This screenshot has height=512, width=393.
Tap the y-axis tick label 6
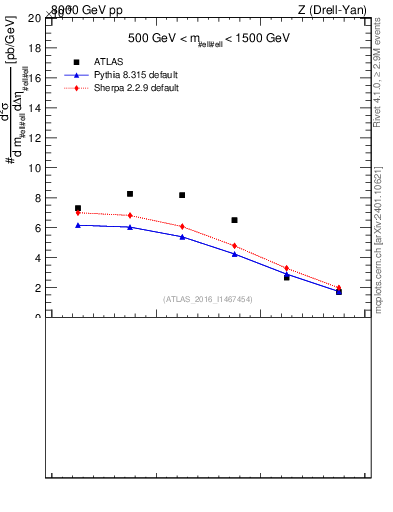pyautogui.click(x=38, y=228)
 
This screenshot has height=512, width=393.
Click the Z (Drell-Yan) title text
pyautogui.click(x=332, y=10)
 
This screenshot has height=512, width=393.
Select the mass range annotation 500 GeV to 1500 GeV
pyautogui.click(x=208, y=39)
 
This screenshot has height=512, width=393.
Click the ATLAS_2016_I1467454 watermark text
pyautogui.click(x=208, y=299)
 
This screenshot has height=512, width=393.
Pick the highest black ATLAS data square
pyautogui.click(x=130, y=194)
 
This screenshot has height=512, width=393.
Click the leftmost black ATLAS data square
pyautogui.click(x=78, y=208)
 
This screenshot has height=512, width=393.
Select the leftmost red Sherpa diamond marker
pyautogui.click(x=78, y=213)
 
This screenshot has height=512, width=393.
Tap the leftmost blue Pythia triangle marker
pyautogui.click(x=78, y=225)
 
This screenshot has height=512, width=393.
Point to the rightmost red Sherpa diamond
pyautogui.click(x=339, y=288)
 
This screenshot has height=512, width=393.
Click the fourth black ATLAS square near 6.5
pyautogui.click(x=234, y=220)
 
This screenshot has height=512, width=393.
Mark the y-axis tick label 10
pyautogui.click(x=35, y=168)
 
